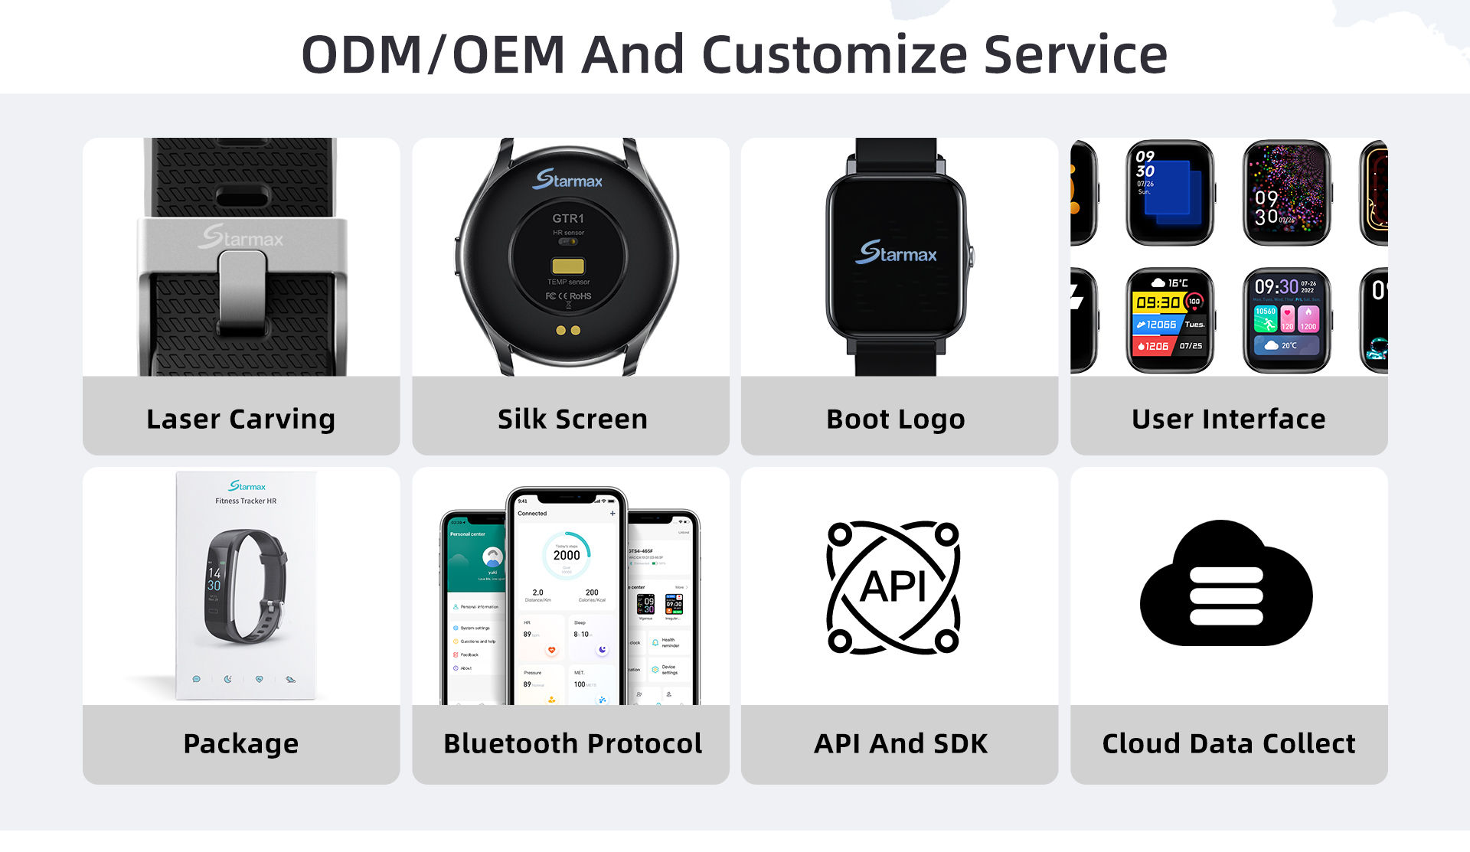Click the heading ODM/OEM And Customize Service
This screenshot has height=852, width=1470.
point(734,54)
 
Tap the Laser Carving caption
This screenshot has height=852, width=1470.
point(240,419)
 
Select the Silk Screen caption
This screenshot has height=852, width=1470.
point(572,419)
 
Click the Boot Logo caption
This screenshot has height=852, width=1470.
point(895,419)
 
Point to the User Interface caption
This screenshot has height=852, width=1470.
point(1228,419)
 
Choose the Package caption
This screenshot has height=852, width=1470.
point(240,743)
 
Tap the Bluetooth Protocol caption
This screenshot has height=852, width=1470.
point(572,743)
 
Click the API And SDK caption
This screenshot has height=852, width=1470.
point(900,743)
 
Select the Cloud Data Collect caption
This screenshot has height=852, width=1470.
point(1228,743)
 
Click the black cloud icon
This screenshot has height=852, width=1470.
point(1226,585)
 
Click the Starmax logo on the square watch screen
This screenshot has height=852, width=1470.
point(895,252)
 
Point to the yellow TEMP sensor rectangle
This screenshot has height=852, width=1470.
point(568,266)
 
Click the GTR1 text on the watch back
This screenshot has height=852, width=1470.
point(568,218)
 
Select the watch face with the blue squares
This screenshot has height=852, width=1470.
point(1170,192)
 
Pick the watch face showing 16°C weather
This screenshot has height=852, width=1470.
point(1170,320)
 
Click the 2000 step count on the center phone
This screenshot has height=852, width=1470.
point(567,555)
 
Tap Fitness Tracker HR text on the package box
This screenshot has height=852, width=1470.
point(246,501)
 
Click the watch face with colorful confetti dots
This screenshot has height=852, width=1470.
point(1287,192)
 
